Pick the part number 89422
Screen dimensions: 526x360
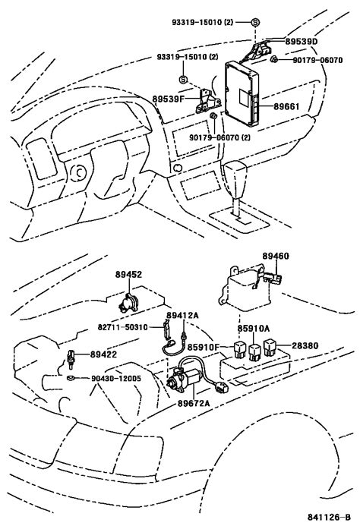[103, 354]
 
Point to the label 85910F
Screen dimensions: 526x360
[204, 347]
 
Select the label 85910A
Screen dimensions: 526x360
[252, 329]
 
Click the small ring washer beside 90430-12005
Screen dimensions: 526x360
[70, 376]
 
